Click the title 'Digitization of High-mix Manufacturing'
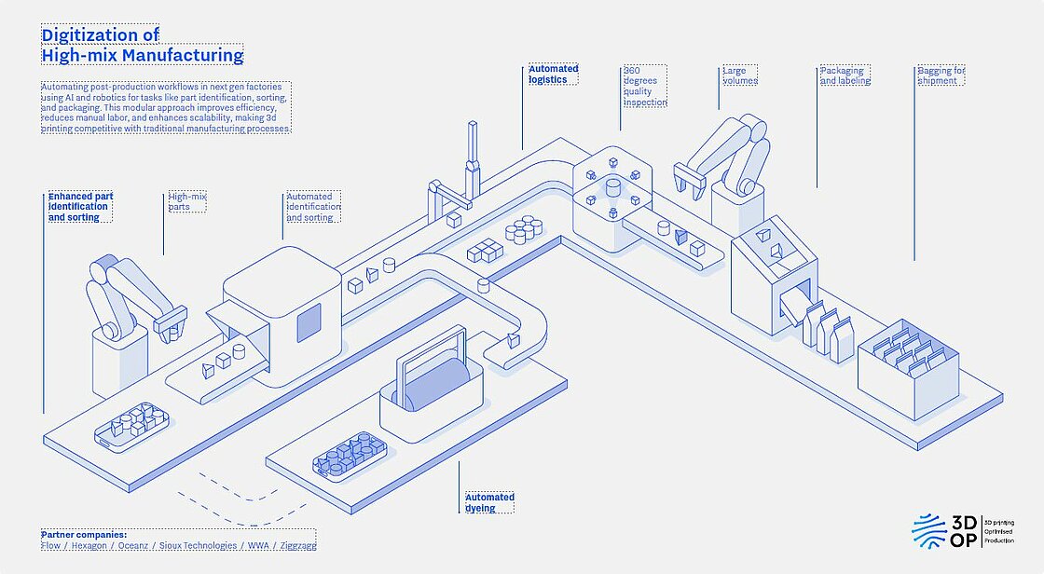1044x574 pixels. coord(142,45)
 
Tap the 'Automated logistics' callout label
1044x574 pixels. coord(554,74)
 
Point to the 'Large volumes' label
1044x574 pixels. coord(740,75)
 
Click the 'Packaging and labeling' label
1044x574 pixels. coord(845,75)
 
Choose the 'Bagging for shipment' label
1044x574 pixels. coord(941,75)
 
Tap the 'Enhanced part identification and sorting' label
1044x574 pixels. coord(80,207)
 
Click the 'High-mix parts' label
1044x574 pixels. coord(186,201)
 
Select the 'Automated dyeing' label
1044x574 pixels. coord(489,502)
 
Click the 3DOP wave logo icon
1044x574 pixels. coord(928,530)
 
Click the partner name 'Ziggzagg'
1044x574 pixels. coord(296,545)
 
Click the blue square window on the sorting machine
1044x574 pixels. coord(309,321)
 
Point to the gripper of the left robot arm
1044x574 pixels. coord(170,324)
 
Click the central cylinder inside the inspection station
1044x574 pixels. coord(613,190)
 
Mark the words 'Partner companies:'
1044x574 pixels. coord(83,534)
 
